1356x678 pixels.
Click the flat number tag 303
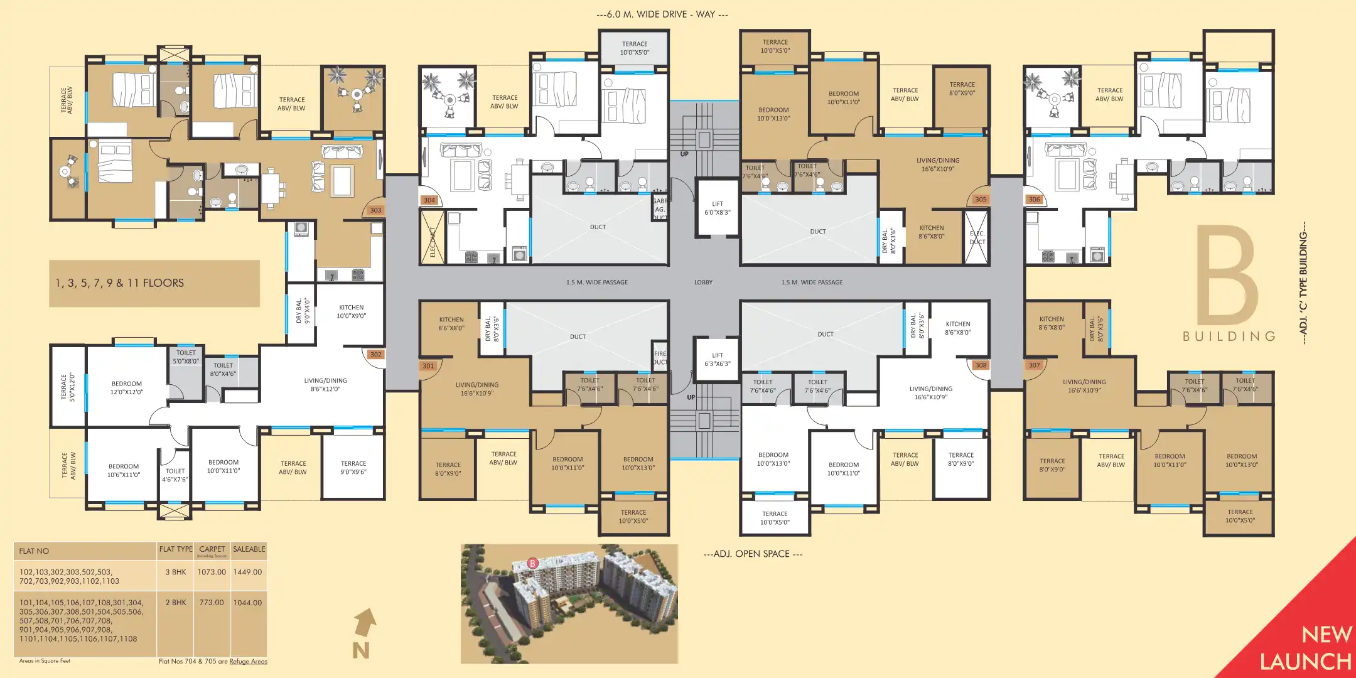pyautogui.click(x=375, y=210)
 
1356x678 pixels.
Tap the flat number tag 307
pyautogui.click(x=1034, y=365)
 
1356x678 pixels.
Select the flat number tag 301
pyautogui.click(x=428, y=366)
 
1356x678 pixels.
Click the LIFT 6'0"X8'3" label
pyautogui.click(x=718, y=208)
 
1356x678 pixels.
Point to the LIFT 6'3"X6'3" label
pyautogui.click(x=718, y=359)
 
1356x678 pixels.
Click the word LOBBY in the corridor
pyautogui.click(x=703, y=282)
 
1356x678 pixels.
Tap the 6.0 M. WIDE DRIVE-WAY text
pyautogui.click(x=662, y=14)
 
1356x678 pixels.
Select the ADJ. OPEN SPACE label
pyautogui.click(x=753, y=554)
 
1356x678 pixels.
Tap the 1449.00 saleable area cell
pyautogui.click(x=247, y=572)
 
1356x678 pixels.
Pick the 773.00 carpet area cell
pyautogui.click(x=212, y=602)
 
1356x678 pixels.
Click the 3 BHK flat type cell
pyautogui.click(x=176, y=572)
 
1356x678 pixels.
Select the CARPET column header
pyautogui.click(x=212, y=549)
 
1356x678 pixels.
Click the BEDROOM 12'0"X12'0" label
pyautogui.click(x=127, y=387)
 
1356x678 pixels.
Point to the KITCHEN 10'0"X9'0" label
pyautogui.click(x=352, y=311)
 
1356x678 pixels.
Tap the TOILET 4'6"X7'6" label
pyautogui.click(x=175, y=475)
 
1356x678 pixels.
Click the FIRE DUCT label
pyautogui.click(x=660, y=358)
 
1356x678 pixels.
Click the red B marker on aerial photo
pyautogui.click(x=533, y=563)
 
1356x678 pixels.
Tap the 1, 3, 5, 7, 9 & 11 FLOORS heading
pyautogui.click(x=120, y=283)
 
